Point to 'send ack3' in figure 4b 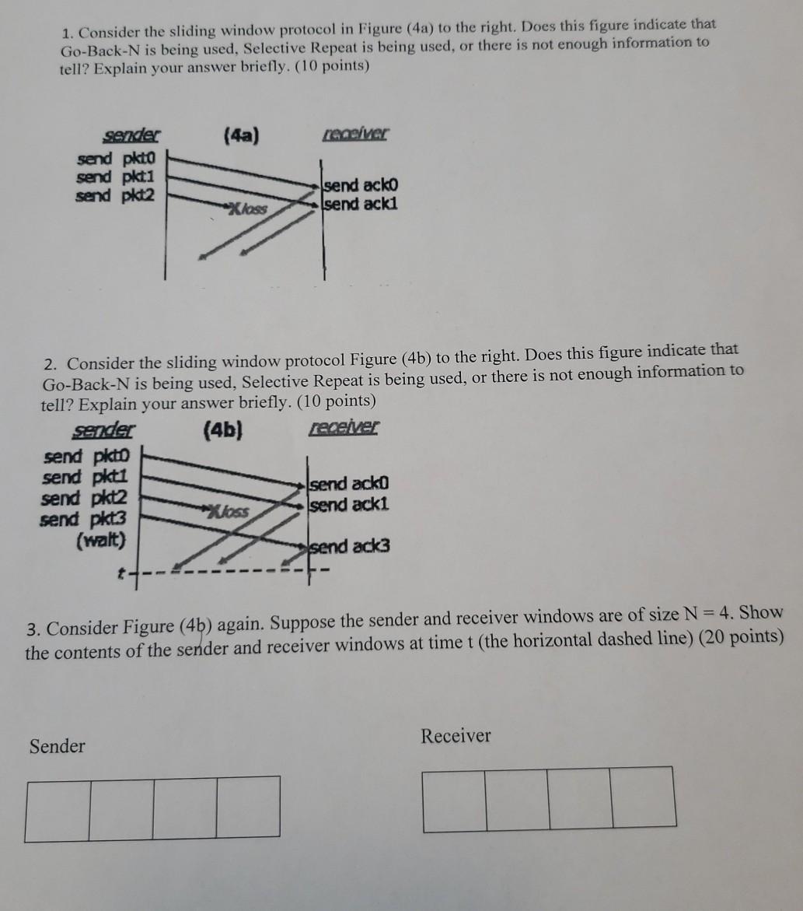(x=351, y=546)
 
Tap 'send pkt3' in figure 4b (x=82, y=519)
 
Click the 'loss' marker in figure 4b (x=229, y=510)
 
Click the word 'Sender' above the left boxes (x=57, y=747)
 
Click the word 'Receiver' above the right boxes (x=456, y=736)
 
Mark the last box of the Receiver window (x=644, y=799)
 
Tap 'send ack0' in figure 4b (x=350, y=485)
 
